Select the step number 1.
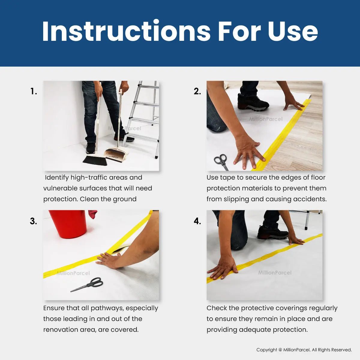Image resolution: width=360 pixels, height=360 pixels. coord(33,91)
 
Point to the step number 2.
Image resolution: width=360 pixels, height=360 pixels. coord(197,91)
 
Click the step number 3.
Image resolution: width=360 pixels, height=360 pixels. coord(33,221)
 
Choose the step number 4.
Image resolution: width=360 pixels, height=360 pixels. coord(197,221)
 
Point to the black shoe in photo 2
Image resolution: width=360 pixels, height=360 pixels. coord(253,102)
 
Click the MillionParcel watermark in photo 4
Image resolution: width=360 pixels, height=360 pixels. coord(275,273)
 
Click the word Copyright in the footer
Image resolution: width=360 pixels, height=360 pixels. coord(267,350)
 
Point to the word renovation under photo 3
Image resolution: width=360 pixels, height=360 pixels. coord(61,330)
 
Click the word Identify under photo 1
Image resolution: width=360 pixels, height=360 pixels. coord(57,178)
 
